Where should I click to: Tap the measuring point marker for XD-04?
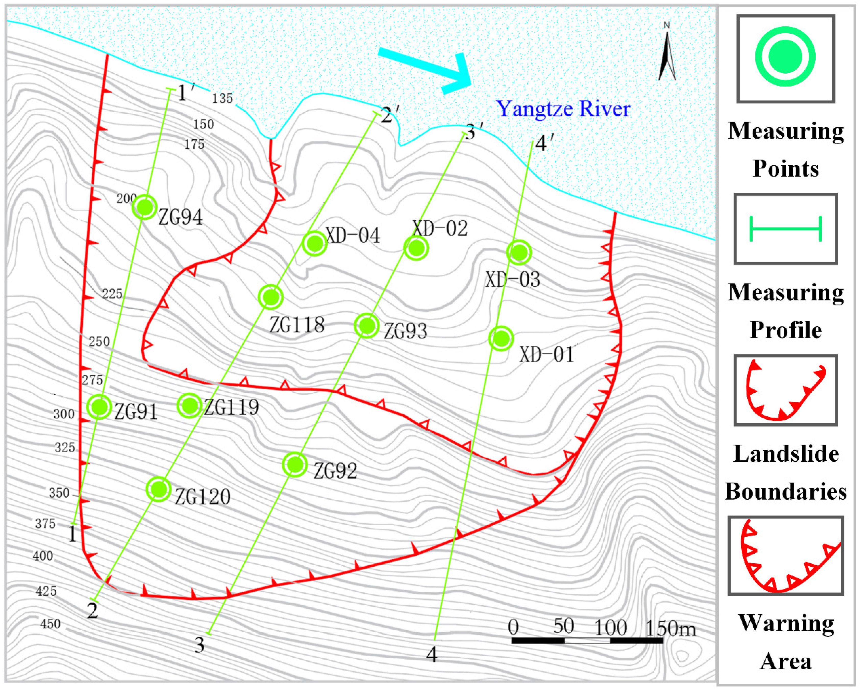[x=315, y=243]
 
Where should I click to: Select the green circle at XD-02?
[x=416, y=248]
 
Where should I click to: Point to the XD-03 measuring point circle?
[x=519, y=252]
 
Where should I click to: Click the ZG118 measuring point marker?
[x=271, y=297]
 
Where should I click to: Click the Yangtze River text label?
[x=563, y=109]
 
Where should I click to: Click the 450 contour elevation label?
[x=51, y=624]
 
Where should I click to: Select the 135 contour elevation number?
[x=222, y=98]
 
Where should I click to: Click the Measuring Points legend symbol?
[x=785, y=57]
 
